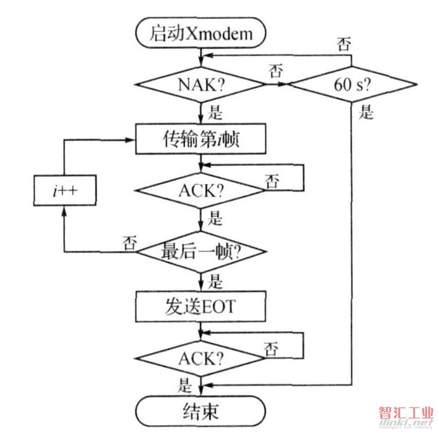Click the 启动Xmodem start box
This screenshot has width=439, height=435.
[x=201, y=34]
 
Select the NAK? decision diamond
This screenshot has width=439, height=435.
[x=201, y=85]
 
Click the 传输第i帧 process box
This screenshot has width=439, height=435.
[x=201, y=140]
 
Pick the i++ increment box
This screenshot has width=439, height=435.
[x=64, y=191]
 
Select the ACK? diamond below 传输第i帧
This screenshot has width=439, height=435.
[x=201, y=191]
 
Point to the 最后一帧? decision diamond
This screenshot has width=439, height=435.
[x=201, y=252]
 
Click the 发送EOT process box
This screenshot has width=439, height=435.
[x=201, y=305]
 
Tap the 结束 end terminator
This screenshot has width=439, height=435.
[x=201, y=410]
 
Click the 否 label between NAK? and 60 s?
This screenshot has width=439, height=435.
[x=275, y=71]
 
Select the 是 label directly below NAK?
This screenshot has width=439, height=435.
[x=217, y=113]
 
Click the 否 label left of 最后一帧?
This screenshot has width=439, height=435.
[x=129, y=240]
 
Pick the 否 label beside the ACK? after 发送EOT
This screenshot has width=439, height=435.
[x=270, y=347]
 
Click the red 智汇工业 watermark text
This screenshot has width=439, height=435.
[x=405, y=413]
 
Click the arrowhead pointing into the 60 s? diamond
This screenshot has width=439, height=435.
[x=284, y=85]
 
